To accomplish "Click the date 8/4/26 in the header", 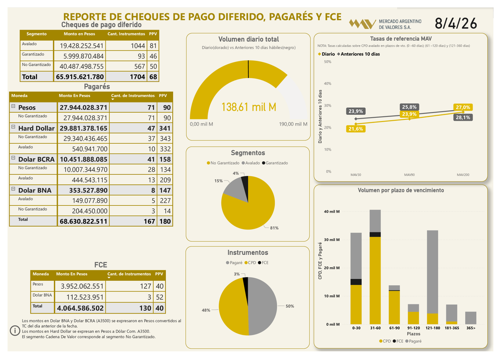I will click(456, 23).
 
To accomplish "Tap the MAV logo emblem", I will click(362, 24).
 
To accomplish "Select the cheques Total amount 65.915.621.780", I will click(79, 77).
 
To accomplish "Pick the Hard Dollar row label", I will click(36, 128).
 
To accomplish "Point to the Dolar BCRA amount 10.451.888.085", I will click(83, 159).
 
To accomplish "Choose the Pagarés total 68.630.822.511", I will click(83, 221).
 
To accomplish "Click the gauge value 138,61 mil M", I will click(248, 107).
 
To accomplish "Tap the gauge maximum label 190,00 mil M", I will click(293, 124).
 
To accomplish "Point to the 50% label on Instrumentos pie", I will click(290, 306).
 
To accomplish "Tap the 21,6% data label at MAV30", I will click(356, 129).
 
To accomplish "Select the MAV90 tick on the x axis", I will click(409, 175).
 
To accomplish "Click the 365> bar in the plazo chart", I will click(471, 318).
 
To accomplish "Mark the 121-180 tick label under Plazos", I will click(432, 328).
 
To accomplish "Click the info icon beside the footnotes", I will click(15, 330).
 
